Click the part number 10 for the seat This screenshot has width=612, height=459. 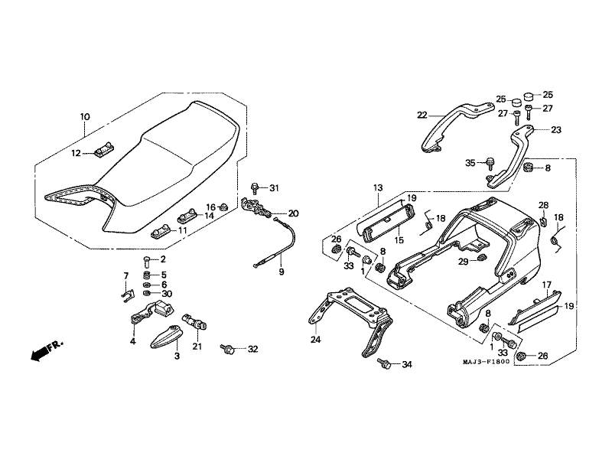(85, 117)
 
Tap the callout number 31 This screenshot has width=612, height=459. (275, 187)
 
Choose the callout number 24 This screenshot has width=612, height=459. (315, 339)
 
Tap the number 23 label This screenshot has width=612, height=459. (555, 130)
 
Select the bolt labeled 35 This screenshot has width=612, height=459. (490, 162)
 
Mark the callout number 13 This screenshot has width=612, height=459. (378, 187)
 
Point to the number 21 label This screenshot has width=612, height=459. (198, 347)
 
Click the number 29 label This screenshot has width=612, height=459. (464, 262)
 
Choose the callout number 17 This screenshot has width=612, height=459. (547, 285)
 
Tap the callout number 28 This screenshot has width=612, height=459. (542, 205)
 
